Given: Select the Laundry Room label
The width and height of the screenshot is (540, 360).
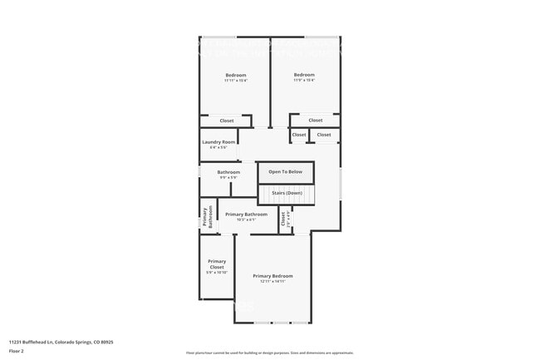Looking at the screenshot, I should (x=219, y=142).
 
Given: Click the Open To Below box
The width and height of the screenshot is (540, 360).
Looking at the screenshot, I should (x=286, y=172).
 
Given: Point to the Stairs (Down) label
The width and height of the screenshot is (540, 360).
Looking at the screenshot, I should (x=286, y=192).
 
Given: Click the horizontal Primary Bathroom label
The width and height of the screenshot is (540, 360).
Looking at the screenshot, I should (x=246, y=215).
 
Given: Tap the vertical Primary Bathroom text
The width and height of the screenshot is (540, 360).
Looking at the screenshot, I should (x=207, y=216).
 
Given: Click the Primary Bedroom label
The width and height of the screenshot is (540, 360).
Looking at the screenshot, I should (x=272, y=276).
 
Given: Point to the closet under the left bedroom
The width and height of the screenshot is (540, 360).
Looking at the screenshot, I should (x=227, y=121).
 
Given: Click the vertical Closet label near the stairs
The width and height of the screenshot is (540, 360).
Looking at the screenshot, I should (x=283, y=219).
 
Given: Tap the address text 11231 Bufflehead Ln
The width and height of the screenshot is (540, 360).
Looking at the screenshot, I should (x=61, y=342).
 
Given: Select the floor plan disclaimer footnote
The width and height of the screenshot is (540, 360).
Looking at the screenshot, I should (x=269, y=353).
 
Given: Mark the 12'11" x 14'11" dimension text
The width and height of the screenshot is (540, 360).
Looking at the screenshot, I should (x=272, y=282).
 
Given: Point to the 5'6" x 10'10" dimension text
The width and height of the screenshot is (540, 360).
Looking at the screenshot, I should (x=217, y=273).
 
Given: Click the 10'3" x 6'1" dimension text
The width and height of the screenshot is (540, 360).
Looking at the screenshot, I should (x=246, y=219).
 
